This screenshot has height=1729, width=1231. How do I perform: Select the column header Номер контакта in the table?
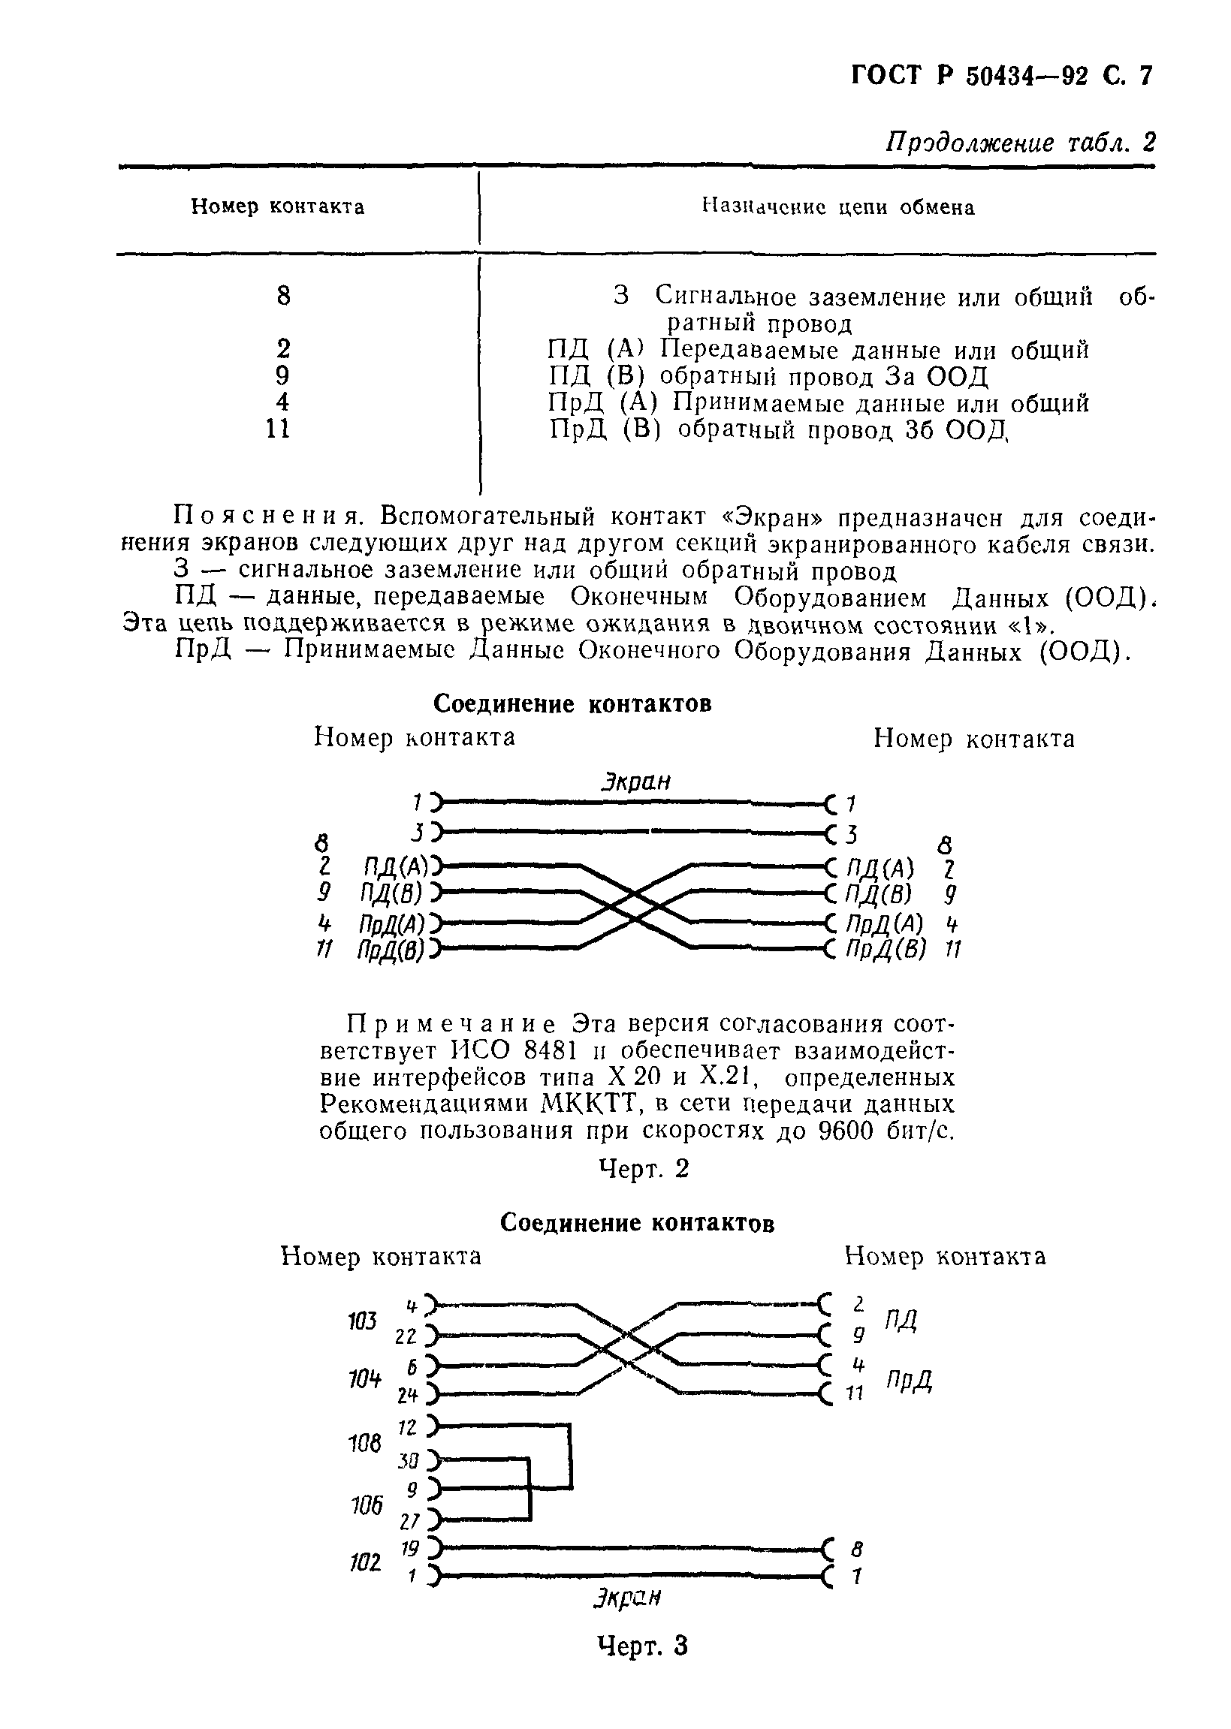click(277, 207)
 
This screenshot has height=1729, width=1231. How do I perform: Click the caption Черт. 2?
click(644, 1169)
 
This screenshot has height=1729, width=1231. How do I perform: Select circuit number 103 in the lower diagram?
click(361, 1322)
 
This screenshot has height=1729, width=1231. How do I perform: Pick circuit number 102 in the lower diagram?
click(364, 1562)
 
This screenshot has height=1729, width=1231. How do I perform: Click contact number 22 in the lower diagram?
click(406, 1337)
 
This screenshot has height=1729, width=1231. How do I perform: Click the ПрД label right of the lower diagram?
click(909, 1381)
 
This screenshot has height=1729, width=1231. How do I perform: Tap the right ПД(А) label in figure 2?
click(880, 867)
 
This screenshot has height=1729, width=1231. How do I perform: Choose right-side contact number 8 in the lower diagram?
click(856, 1548)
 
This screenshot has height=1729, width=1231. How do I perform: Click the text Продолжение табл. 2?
click(1020, 141)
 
